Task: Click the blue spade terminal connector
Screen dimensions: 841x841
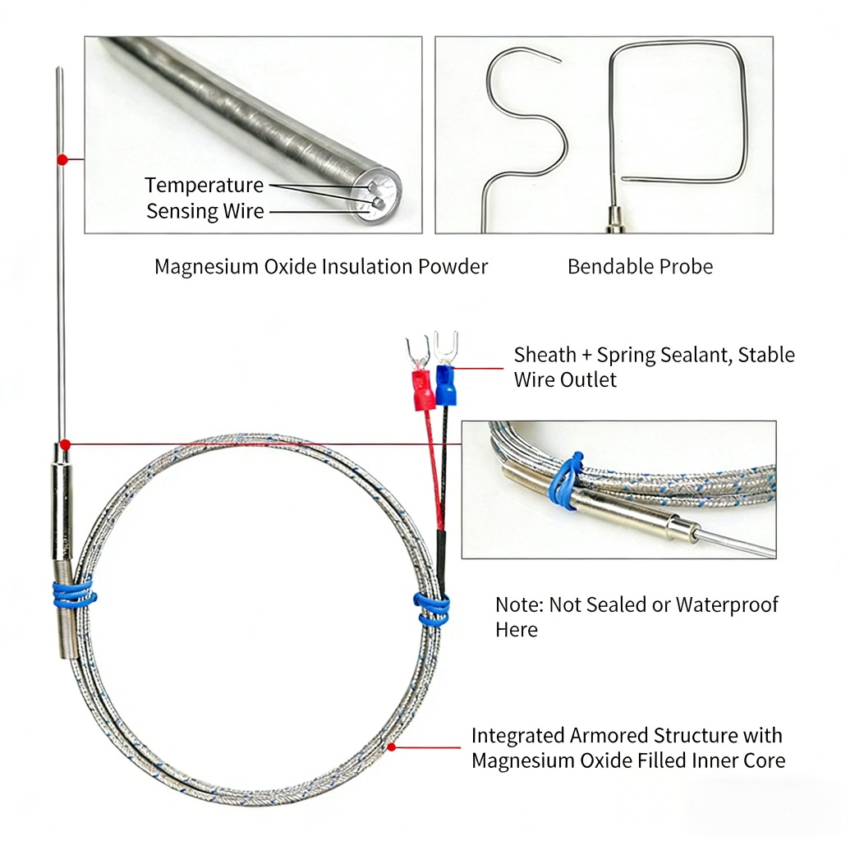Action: (446, 385)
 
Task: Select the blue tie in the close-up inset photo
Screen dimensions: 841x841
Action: (568, 480)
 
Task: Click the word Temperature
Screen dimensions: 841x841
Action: (205, 185)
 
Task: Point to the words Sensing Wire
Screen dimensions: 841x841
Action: (205, 211)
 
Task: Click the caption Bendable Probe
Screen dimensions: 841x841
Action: (640, 266)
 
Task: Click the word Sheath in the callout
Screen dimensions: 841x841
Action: (545, 355)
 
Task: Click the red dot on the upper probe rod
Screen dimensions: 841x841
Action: (61, 159)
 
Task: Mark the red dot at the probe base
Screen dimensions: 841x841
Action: (66, 444)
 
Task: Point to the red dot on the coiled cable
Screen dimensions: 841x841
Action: (393, 747)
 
